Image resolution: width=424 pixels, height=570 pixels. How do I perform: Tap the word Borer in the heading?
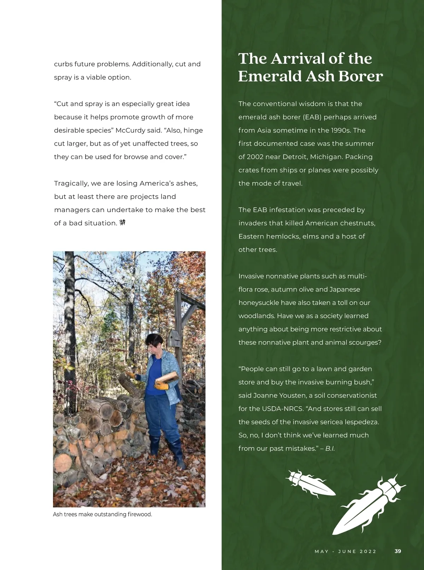(360, 76)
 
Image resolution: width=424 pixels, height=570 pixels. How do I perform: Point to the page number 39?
(398, 551)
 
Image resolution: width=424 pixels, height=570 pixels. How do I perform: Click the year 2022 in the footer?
(368, 551)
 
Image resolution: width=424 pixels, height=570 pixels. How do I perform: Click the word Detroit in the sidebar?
(295, 157)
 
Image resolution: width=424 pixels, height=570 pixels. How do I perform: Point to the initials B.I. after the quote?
(330, 449)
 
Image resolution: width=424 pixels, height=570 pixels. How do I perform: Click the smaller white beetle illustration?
(310, 483)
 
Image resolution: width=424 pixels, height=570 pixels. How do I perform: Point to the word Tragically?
(71, 183)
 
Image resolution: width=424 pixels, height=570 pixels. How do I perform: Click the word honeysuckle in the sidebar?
(259, 303)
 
